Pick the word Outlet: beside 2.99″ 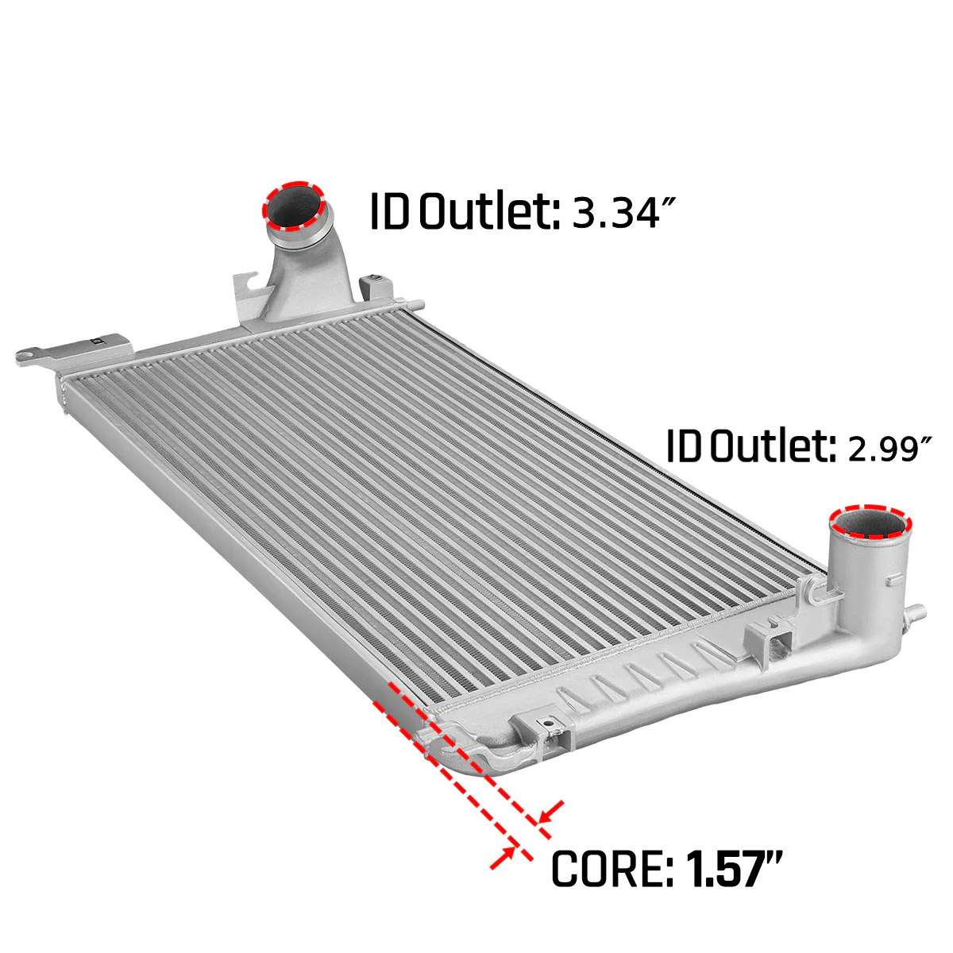click(x=774, y=446)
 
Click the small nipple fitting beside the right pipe click(x=914, y=613)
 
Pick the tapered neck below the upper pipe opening click(x=306, y=270)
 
